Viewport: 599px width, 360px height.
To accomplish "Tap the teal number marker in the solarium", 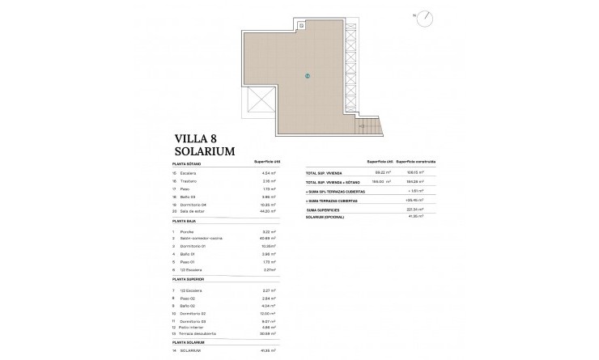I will coord(308,76).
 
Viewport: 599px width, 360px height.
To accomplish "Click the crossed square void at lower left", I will coord(260,104).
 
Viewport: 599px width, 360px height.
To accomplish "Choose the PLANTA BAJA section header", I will coord(185,220).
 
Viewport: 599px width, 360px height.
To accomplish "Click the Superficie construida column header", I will coord(416,162).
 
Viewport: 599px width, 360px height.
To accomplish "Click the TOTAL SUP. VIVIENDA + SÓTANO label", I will coord(333,182).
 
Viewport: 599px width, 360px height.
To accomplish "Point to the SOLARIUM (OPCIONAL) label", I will coord(326,216).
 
